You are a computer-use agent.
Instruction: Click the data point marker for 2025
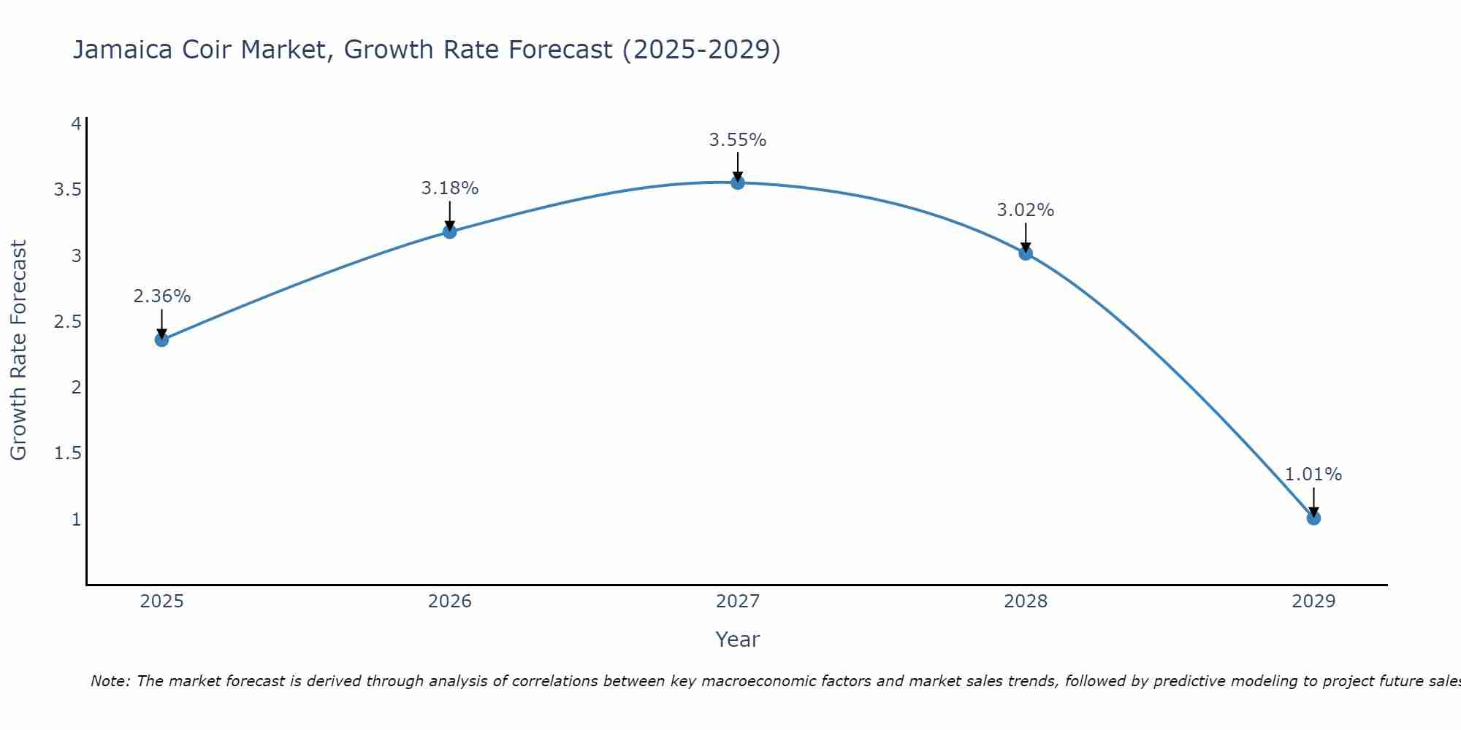tap(161, 339)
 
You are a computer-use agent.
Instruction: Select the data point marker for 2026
tap(450, 231)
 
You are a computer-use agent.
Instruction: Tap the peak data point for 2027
tap(738, 182)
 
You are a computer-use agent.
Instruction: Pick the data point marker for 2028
tap(1026, 253)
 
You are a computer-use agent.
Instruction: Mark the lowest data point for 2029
tap(1313, 518)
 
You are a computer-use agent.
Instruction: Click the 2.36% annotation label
tap(161, 296)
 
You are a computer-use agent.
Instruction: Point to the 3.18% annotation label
tap(450, 188)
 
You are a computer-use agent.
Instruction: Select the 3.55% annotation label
tap(738, 140)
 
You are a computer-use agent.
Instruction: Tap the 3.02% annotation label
tap(1026, 210)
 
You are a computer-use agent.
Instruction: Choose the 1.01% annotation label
tap(1313, 474)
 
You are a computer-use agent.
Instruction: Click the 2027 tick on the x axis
tap(738, 602)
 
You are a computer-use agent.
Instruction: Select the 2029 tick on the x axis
tap(1313, 602)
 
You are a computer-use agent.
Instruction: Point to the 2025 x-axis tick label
tap(161, 602)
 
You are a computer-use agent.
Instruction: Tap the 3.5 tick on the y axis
tap(67, 190)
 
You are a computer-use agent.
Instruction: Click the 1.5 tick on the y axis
tap(67, 453)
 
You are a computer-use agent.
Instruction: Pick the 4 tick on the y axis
tap(76, 124)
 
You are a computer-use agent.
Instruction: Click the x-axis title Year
tap(738, 639)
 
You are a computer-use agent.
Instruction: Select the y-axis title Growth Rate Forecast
tap(18, 350)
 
